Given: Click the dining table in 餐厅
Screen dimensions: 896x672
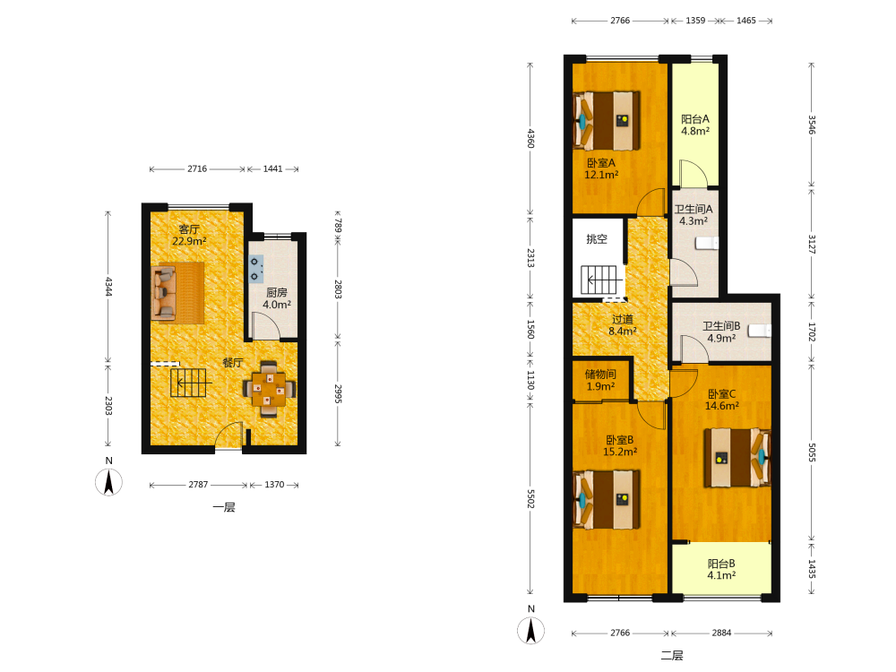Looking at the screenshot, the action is coord(269,389).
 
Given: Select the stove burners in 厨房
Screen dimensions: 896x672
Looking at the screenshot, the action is coord(255,269).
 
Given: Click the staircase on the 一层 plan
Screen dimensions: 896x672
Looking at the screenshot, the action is coord(188,383).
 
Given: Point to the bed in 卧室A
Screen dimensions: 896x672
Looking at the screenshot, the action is coord(607,121).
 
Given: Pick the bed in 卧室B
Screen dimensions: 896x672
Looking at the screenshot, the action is coord(607,499).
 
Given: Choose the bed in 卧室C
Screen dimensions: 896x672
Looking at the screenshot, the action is coord(737,457).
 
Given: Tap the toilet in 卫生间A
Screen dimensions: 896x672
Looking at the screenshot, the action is coord(707,244).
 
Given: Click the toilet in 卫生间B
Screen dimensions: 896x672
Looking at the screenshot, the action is coord(760,331).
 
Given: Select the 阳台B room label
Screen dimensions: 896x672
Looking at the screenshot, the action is coord(721,569).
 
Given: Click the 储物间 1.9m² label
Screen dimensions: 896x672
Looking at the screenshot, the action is coord(600,380).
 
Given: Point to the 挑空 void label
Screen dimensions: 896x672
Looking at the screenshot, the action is coord(597,239).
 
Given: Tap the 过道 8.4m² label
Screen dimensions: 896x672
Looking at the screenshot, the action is coord(623,325).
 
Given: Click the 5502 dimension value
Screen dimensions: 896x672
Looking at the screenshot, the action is coord(530,499).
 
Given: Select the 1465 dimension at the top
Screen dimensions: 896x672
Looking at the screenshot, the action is coord(745,21).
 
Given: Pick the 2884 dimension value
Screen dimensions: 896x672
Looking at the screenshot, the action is coord(721,633).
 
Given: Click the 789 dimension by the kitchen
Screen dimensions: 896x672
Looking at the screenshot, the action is coord(338,225).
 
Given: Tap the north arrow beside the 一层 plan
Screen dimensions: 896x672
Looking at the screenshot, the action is coord(108,482).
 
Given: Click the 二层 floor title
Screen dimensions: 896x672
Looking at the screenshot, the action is coord(672,656).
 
